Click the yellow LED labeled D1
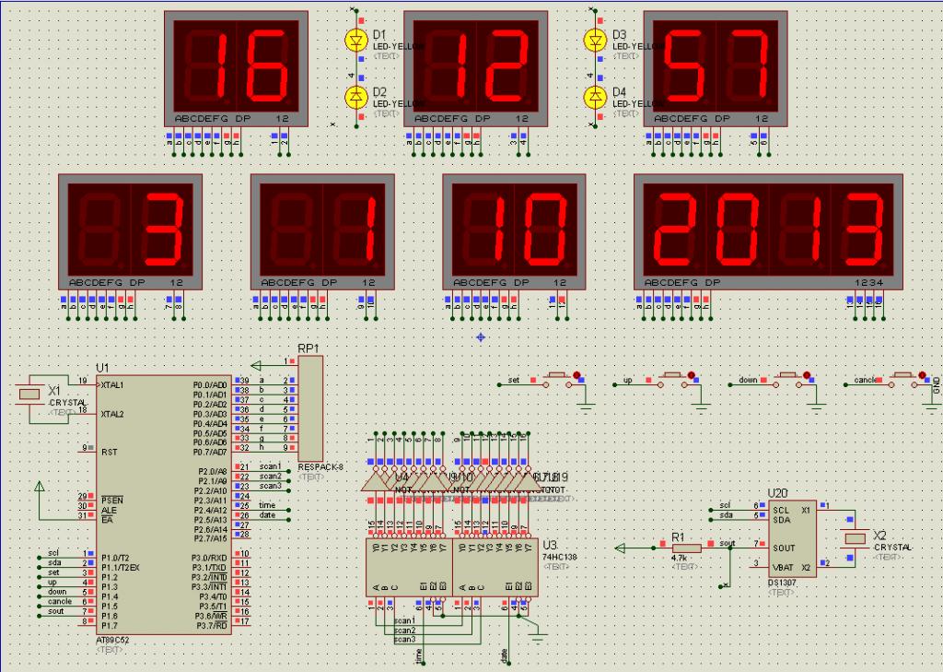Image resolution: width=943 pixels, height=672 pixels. click(356, 40)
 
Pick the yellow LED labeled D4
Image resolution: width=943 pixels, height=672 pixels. click(596, 96)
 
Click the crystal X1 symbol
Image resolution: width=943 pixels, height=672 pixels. click(29, 394)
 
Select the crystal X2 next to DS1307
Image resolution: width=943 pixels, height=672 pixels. click(856, 539)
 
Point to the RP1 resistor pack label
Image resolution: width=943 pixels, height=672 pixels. click(308, 348)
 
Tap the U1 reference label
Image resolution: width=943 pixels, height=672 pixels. click(101, 368)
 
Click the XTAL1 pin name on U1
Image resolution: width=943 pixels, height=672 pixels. click(112, 384)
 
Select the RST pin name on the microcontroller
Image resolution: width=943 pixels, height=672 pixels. click(108, 453)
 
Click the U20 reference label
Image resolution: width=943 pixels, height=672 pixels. click(778, 494)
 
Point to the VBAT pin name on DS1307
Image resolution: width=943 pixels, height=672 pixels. click(784, 567)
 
